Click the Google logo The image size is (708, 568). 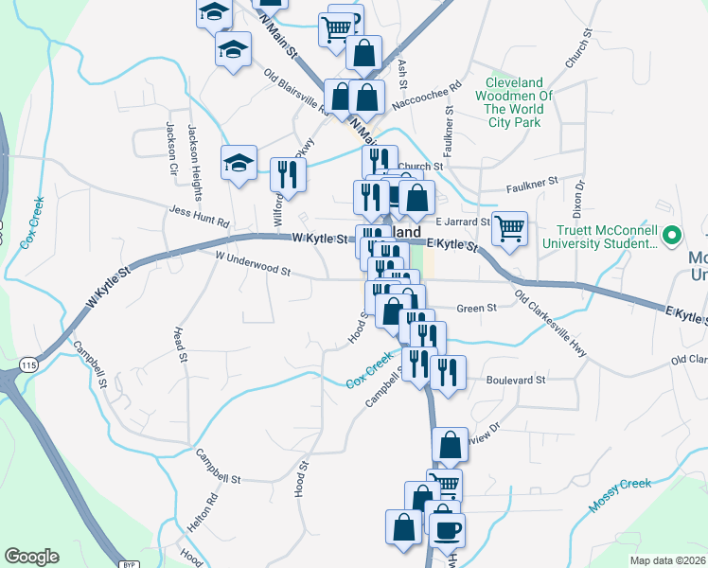pyautogui.click(x=31, y=557)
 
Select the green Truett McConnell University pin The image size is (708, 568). pyautogui.click(x=673, y=235)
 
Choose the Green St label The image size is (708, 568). pyautogui.click(x=477, y=309)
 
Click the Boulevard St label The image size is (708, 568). pyautogui.click(x=516, y=380)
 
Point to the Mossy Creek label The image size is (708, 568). pyautogui.click(x=621, y=495)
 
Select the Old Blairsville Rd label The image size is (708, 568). pyautogui.click(x=296, y=95)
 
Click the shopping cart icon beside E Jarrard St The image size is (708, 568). pyautogui.click(x=509, y=228)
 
